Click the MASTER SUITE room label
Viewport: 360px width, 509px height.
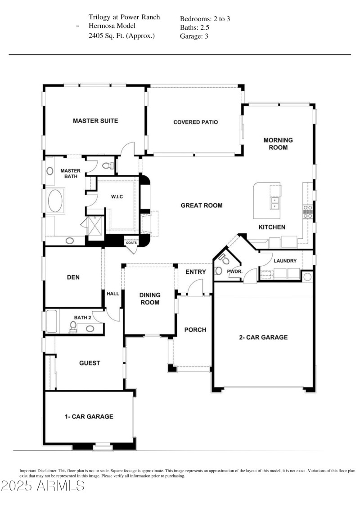[x=95, y=121]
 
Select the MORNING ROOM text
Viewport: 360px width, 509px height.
[x=278, y=144]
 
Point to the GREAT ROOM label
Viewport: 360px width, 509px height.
[x=202, y=205]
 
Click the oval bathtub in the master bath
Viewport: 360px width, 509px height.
[x=56, y=201]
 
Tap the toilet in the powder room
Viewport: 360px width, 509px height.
[x=224, y=260]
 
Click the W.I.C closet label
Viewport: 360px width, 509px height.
[x=117, y=197]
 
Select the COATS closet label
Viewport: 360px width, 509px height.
[x=131, y=242]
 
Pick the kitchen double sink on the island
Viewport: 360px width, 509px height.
[x=274, y=203]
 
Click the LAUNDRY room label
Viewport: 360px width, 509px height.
[x=284, y=261]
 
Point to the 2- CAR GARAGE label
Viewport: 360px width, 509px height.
[x=263, y=337]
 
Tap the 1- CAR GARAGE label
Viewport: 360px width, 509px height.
[x=88, y=416]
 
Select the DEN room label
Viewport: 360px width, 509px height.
[x=73, y=277]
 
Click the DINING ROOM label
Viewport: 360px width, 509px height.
[x=150, y=299]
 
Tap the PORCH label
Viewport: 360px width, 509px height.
[x=195, y=330]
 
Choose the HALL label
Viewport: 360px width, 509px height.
[x=113, y=294]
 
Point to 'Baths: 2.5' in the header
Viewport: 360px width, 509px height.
[x=194, y=28]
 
